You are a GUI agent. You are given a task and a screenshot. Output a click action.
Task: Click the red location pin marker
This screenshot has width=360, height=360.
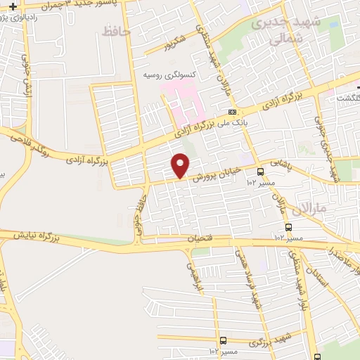click(181, 166)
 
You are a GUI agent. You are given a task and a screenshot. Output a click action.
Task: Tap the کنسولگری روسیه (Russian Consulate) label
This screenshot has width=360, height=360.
click(168, 74)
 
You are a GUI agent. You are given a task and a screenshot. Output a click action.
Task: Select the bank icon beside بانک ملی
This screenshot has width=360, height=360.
click(232, 112)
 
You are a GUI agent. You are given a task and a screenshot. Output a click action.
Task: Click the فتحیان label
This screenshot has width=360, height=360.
click(199, 238)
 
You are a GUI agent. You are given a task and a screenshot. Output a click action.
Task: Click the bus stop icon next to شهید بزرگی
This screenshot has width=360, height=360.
click(223, 340)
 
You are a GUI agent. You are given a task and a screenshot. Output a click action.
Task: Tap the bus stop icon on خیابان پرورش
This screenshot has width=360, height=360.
click(261, 171)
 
